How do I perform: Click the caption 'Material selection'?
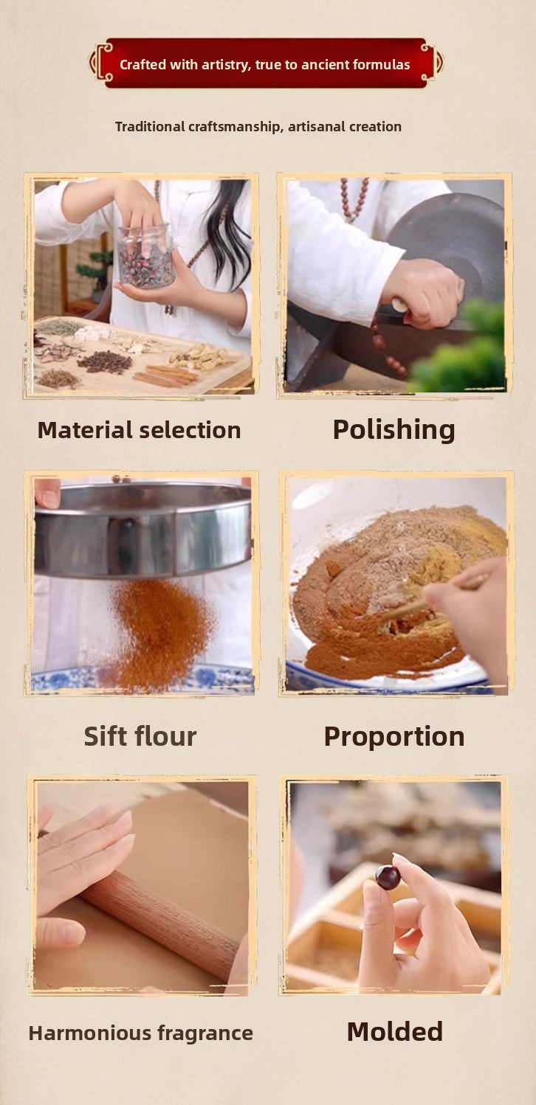140,430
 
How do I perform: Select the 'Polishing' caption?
394,430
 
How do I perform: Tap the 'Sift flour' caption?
140,736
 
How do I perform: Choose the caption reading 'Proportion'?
394,737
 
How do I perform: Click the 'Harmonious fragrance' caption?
141,1033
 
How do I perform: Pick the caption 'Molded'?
394,1031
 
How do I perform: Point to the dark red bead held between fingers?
388,877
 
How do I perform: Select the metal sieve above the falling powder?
143,528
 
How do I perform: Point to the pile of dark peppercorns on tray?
105,361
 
